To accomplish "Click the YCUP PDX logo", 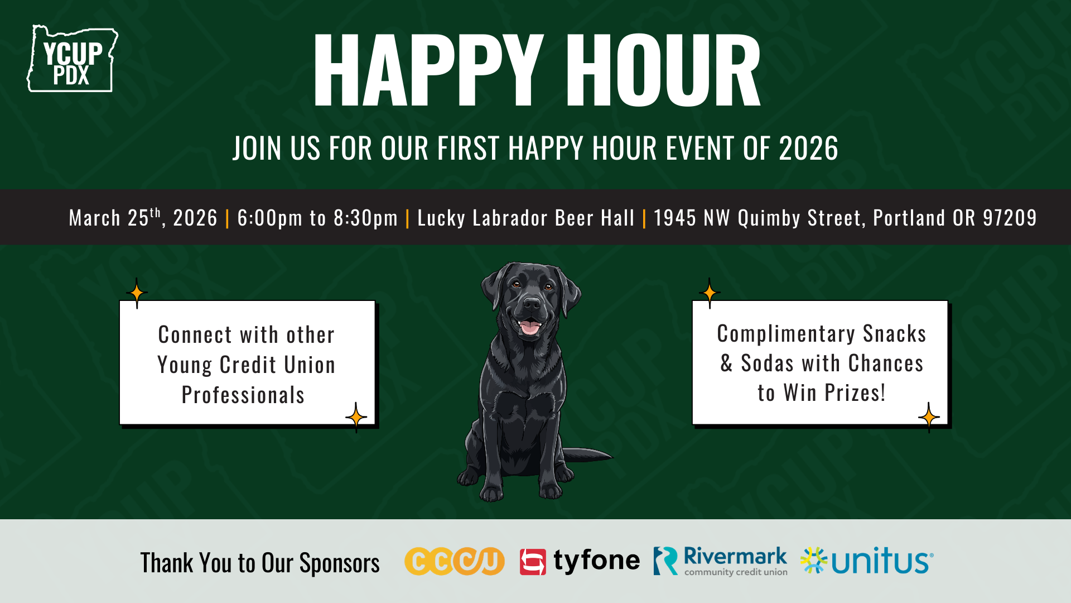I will [73, 59].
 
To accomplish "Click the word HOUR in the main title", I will [664, 70].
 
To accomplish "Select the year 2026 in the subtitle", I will [808, 149].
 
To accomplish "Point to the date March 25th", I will [114, 218].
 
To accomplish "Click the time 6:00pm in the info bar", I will [270, 218].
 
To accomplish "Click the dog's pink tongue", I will [529, 327].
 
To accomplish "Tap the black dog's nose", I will [532, 304].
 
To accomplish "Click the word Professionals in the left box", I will [243, 395].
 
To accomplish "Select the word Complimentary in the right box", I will [786, 334].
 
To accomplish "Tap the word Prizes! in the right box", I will [855, 393].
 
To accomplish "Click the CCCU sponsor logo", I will [454, 561].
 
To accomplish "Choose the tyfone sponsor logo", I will [580, 561].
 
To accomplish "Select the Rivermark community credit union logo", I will [721, 561].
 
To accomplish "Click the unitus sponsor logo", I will [867, 561].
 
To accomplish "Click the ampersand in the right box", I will [726, 363].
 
